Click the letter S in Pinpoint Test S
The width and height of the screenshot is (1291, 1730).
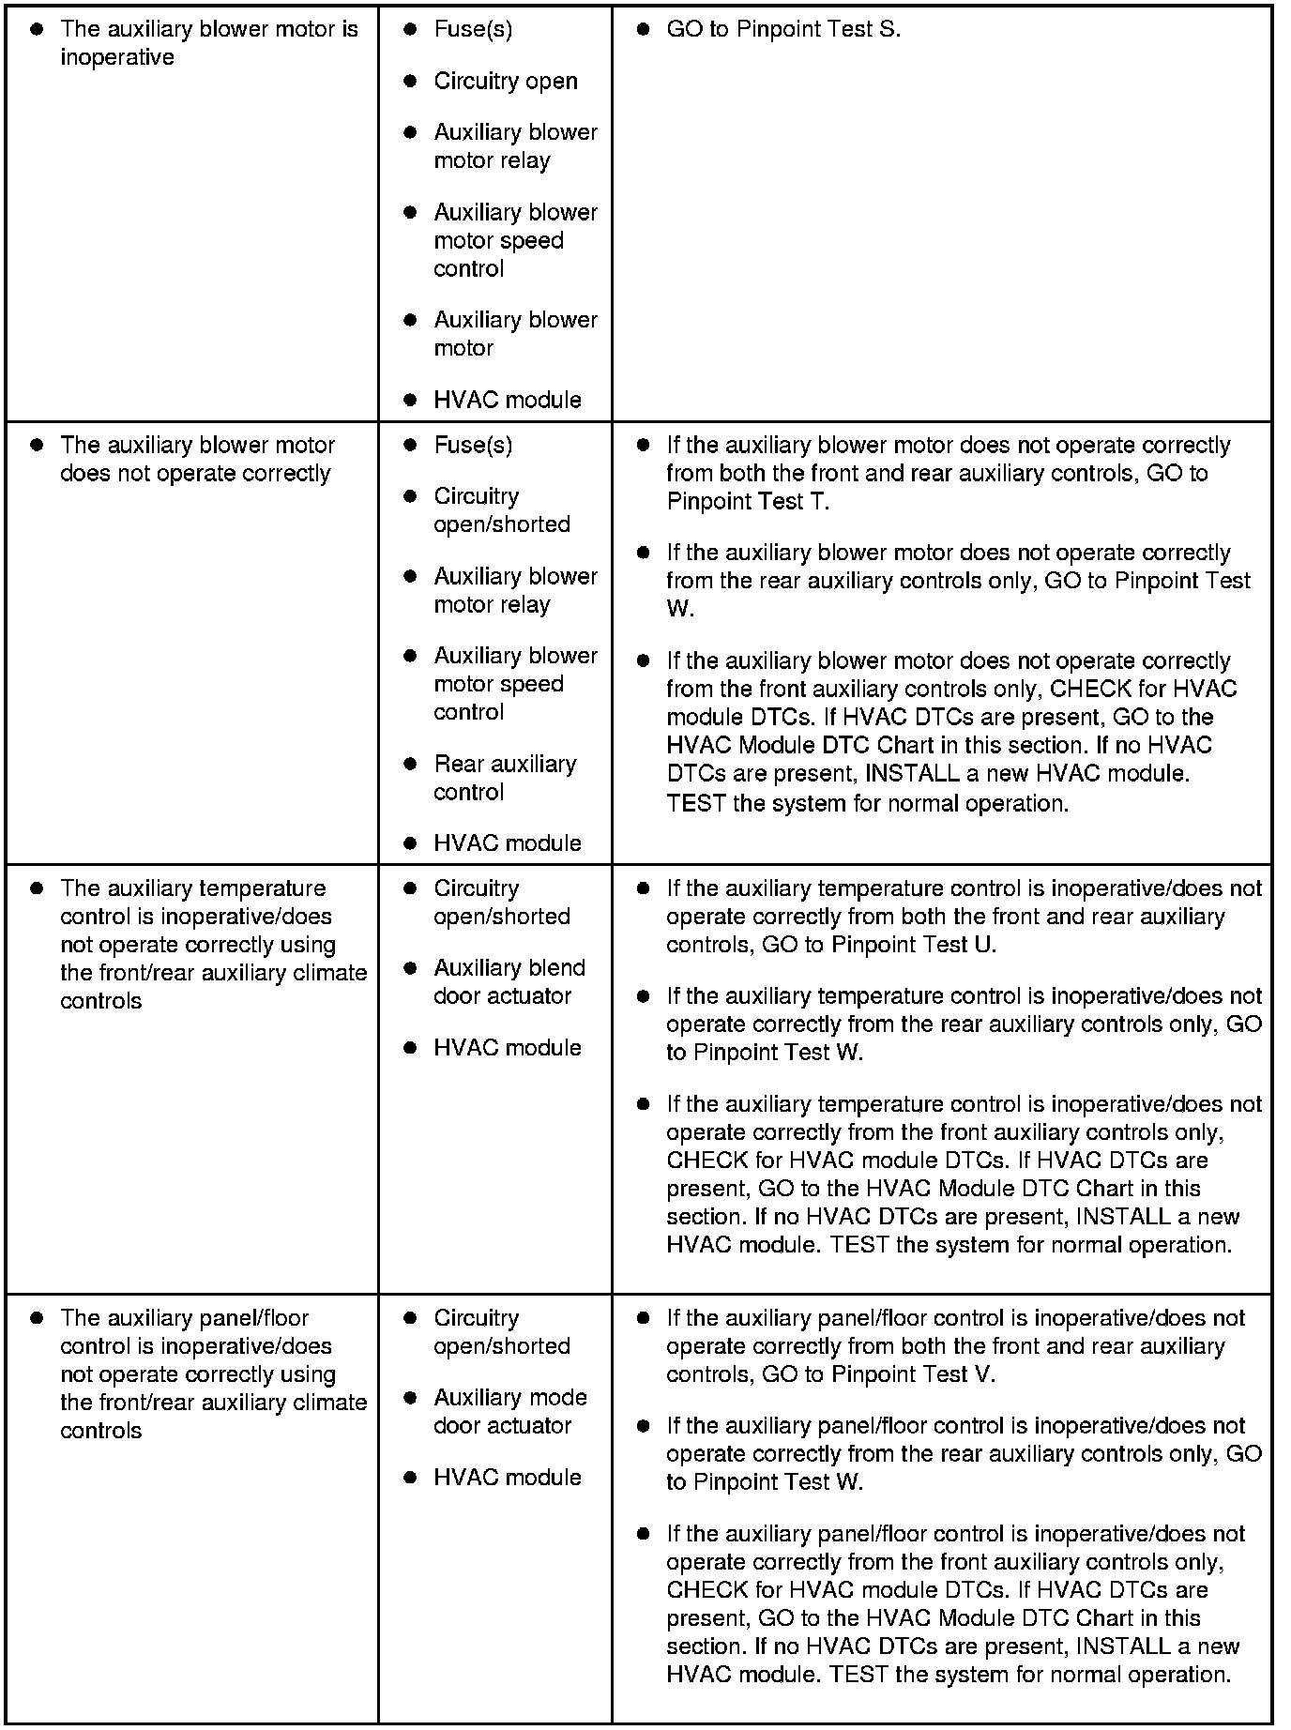pyautogui.click(x=888, y=29)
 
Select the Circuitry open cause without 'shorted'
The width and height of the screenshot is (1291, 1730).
pyautogui.click(x=505, y=82)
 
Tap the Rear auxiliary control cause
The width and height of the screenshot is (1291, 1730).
pyautogui.click(x=505, y=778)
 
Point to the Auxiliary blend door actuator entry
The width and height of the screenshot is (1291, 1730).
pyautogui.click(x=509, y=981)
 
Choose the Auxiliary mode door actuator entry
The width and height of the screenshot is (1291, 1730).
pyautogui.click(x=509, y=1411)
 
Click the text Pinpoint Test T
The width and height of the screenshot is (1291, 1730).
pyautogui.click(x=747, y=501)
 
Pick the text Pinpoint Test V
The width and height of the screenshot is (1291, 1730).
pyautogui.click(x=912, y=1373)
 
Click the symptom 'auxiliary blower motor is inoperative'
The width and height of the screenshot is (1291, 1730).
pyautogui.click(x=208, y=43)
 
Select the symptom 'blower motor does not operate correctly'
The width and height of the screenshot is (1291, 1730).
pyautogui.click(x=196, y=459)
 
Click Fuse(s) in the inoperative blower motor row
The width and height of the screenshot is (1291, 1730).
pyautogui.click(x=473, y=29)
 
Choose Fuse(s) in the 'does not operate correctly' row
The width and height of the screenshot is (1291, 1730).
pyautogui.click(x=473, y=445)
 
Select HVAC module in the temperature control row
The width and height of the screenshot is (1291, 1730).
pyautogui.click(x=507, y=1047)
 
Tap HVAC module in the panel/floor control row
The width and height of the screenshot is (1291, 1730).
pyautogui.click(x=507, y=1477)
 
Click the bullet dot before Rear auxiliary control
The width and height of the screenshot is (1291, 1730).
pyautogui.click(x=410, y=764)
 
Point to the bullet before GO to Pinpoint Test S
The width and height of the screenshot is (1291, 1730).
pyautogui.click(x=643, y=29)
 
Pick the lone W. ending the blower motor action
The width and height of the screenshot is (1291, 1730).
pyautogui.click(x=679, y=609)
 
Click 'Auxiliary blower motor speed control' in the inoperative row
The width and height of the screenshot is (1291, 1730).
pyautogui.click(x=515, y=240)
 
